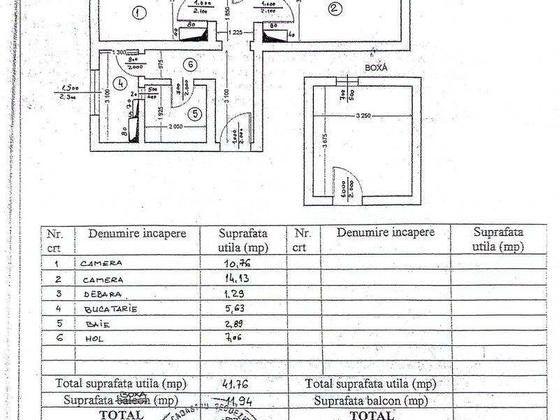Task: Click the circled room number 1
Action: click(x=138, y=13)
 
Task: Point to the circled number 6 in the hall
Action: click(x=189, y=64)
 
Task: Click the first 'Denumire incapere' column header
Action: click(x=137, y=234)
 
